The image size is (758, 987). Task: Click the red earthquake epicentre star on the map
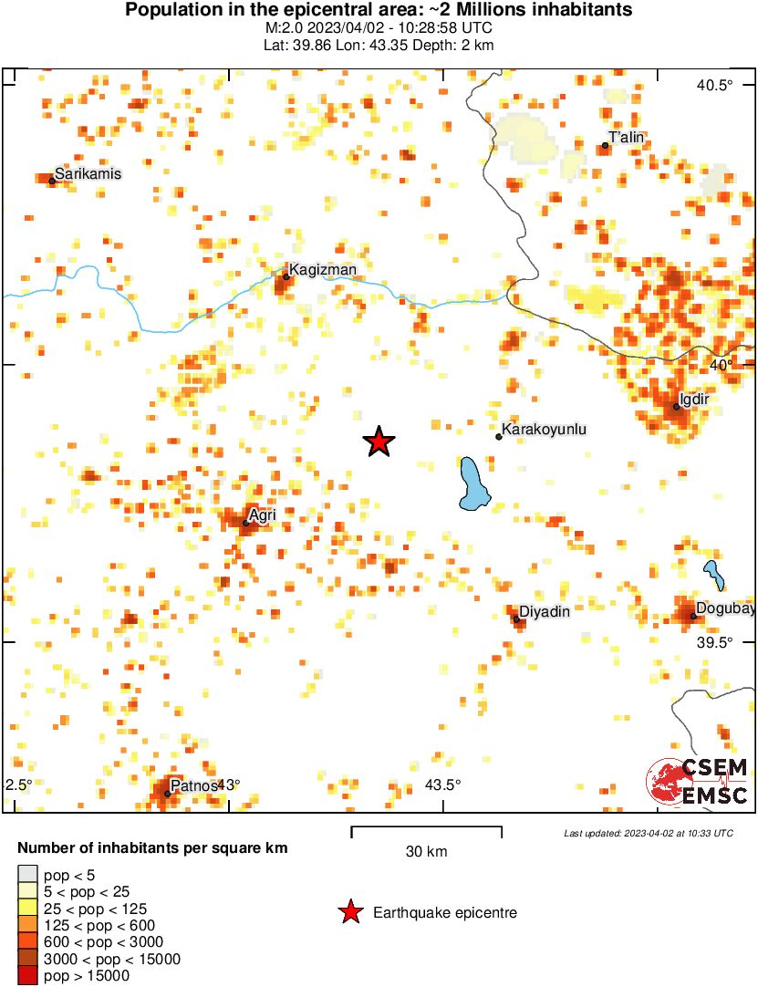379,442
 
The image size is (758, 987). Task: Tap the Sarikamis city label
88,173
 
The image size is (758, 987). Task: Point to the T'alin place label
627,138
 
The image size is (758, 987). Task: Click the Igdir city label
695,399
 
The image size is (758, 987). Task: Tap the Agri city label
262,515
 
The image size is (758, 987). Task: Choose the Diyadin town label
544,611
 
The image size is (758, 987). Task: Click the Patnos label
193,784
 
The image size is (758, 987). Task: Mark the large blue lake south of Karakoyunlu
473,484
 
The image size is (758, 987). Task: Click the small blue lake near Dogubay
712,575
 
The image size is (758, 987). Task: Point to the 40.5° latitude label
715,86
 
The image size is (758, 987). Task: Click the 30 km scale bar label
426,852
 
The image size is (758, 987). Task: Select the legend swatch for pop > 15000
28,976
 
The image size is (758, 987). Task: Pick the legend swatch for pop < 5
28,876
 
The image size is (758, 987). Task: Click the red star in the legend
349,912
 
